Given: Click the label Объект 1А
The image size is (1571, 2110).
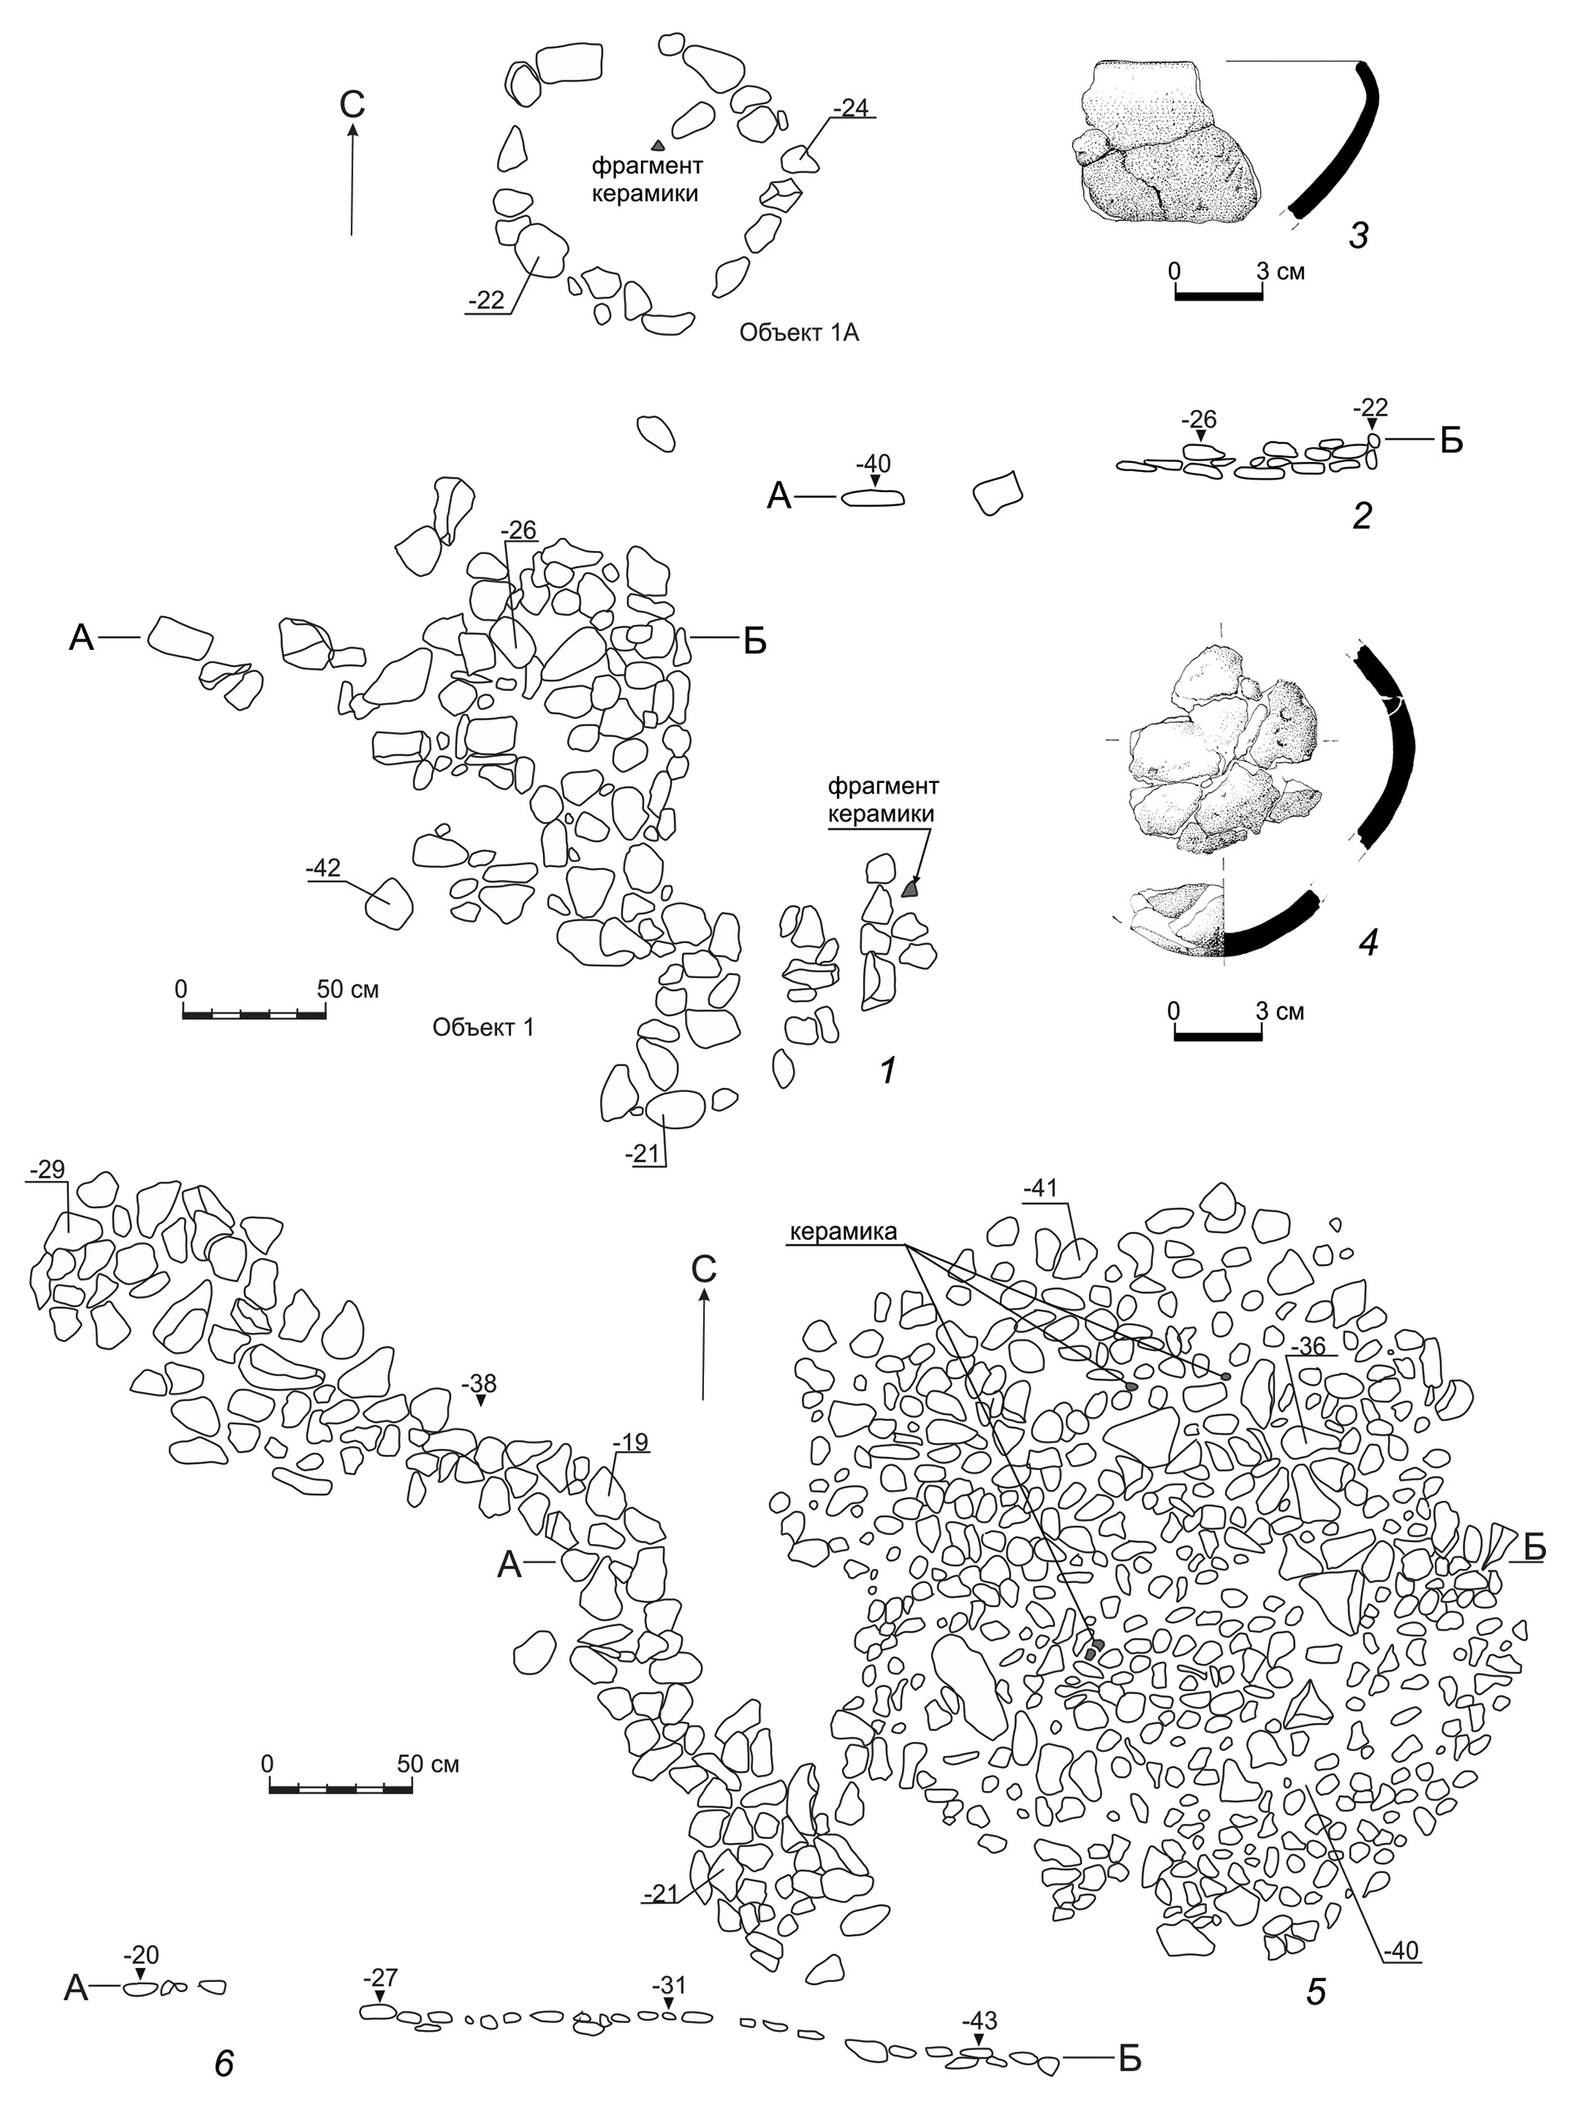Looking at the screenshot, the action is point(799,334).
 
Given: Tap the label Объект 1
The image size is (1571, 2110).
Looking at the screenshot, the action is point(483,1027).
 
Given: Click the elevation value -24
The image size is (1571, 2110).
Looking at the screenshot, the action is point(850,107).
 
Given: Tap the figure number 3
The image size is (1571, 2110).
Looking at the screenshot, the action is point(1359,235).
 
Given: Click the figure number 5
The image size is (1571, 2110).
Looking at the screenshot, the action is point(1315,1990).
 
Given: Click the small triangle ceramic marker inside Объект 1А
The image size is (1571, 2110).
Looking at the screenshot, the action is point(657,145).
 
